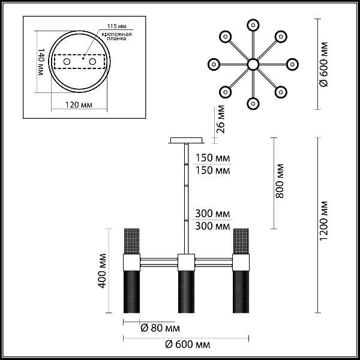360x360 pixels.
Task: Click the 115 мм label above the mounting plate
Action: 117,26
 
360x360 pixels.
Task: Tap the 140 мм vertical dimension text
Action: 40,62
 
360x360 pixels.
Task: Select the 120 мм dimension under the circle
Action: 79,105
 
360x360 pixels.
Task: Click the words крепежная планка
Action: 117,37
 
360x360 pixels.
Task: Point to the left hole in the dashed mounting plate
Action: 67,62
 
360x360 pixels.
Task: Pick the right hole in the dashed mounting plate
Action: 92,62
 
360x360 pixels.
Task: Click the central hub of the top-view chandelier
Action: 253,64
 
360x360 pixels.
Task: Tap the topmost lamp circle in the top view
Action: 253,25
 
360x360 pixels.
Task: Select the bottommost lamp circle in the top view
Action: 253,104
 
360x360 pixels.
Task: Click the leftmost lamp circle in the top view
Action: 214,64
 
